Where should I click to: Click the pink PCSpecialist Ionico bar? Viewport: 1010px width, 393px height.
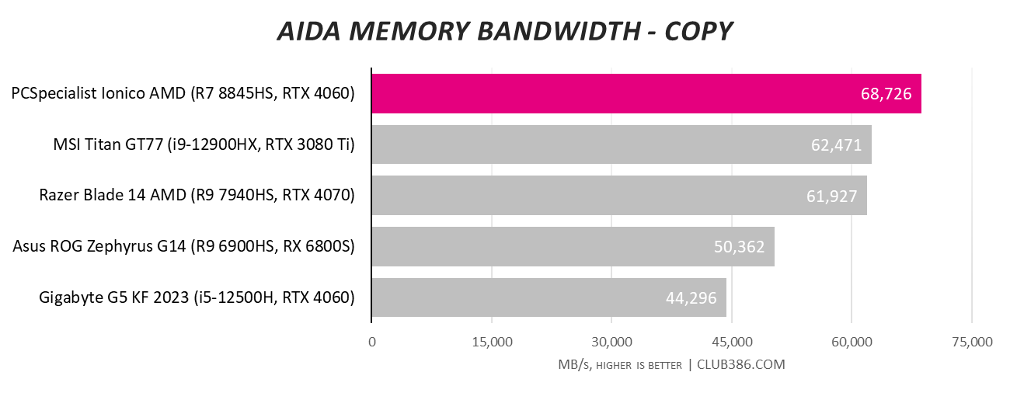(x=646, y=93)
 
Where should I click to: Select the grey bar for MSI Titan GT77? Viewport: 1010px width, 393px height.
(x=622, y=144)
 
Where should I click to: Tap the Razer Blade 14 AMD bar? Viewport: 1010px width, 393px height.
(x=619, y=195)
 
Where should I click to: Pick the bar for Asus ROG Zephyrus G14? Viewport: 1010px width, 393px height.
(x=573, y=246)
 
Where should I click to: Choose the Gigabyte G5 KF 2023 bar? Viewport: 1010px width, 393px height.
(x=549, y=297)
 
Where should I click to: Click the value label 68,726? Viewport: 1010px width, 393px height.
(x=886, y=94)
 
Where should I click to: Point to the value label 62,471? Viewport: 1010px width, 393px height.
(x=837, y=145)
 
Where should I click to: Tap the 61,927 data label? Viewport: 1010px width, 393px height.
(x=831, y=196)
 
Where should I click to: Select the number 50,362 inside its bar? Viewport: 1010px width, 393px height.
(x=739, y=247)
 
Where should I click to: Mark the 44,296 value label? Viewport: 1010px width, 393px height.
(x=691, y=298)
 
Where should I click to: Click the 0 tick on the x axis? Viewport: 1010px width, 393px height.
(x=372, y=342)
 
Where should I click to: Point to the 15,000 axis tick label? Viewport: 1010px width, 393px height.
(x=492, y=342)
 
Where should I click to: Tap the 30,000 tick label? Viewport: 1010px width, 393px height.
(x=612, y=342)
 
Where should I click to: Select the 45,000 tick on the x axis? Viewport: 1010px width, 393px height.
(x=732, y=342)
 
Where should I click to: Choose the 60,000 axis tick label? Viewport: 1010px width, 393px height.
(x=852, y=342)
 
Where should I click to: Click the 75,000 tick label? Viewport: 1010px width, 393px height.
(x=972, y=342)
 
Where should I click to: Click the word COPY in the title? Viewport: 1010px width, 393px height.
(x=698, y=31)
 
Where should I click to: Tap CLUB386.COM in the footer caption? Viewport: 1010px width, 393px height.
(x=741, y=364)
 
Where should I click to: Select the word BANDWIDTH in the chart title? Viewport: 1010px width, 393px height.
(x=559, y=31)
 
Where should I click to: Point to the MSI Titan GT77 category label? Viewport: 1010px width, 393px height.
(x=204, y=144)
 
